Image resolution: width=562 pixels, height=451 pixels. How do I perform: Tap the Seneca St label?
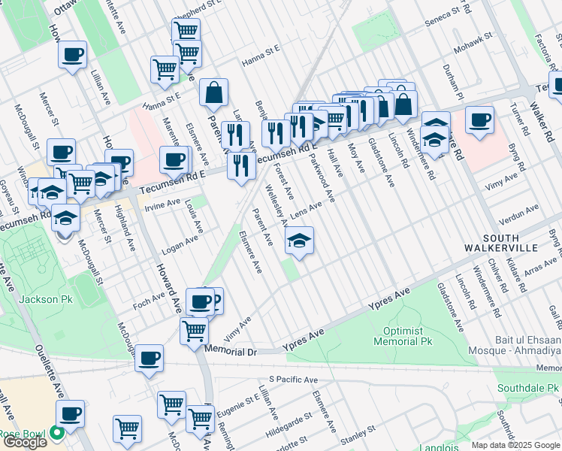[444, 15]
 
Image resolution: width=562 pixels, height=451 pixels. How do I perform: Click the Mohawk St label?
[472, 36]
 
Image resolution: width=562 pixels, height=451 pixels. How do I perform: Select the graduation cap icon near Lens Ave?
[299, 241]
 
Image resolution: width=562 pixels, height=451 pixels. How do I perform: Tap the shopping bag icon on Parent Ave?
[214, 92]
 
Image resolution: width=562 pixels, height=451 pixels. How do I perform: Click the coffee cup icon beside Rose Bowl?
[72, 413]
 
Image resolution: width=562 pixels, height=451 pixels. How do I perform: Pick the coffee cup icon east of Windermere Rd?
[479, 120]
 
